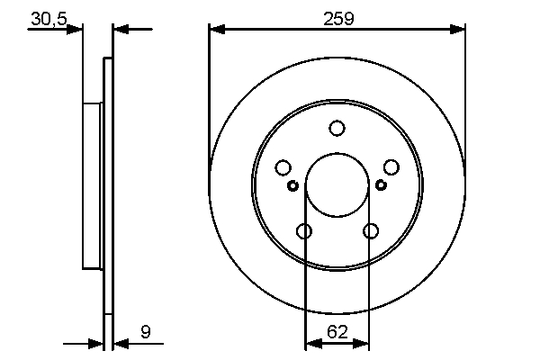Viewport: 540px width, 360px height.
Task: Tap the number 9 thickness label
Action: point(146,333)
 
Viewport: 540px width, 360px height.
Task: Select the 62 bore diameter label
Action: point(337,332)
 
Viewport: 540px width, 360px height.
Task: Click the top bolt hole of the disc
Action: point(337,129)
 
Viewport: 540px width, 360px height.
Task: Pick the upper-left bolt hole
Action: point(283,167)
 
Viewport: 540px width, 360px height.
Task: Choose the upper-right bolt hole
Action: point(391,167)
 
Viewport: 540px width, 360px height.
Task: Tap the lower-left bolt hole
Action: point(304,231)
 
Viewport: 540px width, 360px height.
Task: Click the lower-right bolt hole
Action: point(371,231)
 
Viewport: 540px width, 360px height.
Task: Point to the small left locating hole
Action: point(293,185)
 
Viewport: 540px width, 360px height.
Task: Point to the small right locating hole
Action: point(381,185)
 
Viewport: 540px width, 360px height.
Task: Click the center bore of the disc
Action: point(337,185)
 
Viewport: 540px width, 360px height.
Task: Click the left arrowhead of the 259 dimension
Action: point(215,29)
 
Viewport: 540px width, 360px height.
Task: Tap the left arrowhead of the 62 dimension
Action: point(311,343)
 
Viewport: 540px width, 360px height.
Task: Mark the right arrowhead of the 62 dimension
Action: point(363,343)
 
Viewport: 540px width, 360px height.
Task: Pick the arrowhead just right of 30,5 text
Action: point(76,29)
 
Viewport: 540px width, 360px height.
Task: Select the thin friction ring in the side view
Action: point(109,185)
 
